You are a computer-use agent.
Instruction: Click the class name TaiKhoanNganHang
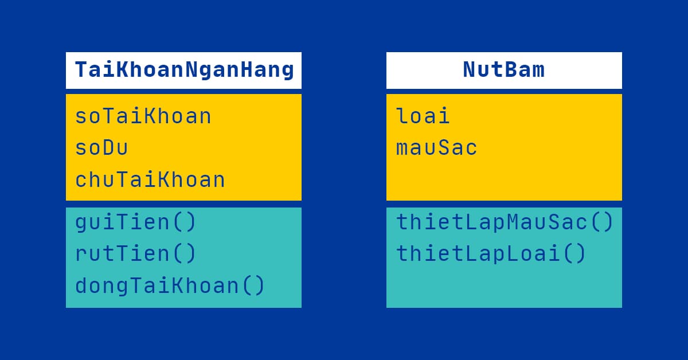pyautogui.click(x=184, y=70)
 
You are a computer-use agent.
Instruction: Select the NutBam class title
pyautogui.click(x=503, y=70)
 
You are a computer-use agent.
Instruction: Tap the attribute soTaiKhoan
pyautogui.click(x=143, y=116)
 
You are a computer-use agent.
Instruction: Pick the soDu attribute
pyautogui.click(x=101, y=148)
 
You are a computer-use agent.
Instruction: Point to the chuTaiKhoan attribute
pyautogui.click(x=150, y=180)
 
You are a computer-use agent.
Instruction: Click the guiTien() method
pyautogui.click(x=136, y=222)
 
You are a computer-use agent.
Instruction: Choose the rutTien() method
pyautogui.click(x=136, y=253)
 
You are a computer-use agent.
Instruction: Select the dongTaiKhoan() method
pyautogui.click(x=170, y=285)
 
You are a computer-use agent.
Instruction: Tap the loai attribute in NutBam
pyautogui.click(x=423, y=116)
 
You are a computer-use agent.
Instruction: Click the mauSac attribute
pyautogui.click(x=436, y=148)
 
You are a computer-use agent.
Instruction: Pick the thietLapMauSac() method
pyautogui.click(x=505, y=222)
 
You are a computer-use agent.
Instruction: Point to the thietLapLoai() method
pyautogui.click(x=491, y=253)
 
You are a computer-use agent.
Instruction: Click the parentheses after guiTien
pyautogui.click(x=183, y=222)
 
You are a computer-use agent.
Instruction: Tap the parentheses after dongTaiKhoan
pyautogui.click(x=252, y=285)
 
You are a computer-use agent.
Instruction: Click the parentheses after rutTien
pyautogui.click(x=183, y=253)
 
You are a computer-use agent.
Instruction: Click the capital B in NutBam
pyautogui.click(x=511, y=70)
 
